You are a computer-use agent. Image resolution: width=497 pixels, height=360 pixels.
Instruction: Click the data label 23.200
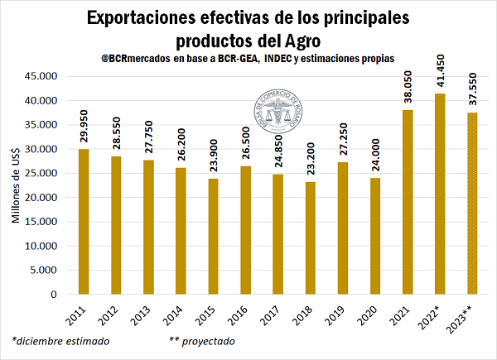(x=311, y=157)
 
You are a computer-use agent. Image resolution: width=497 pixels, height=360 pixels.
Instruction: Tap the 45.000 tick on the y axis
(x=40, y=76)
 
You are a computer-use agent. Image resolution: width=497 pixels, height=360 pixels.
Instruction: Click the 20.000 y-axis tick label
(x=40, y=198)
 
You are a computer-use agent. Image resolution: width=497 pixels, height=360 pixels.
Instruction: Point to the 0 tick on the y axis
(x=51, y=295)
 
